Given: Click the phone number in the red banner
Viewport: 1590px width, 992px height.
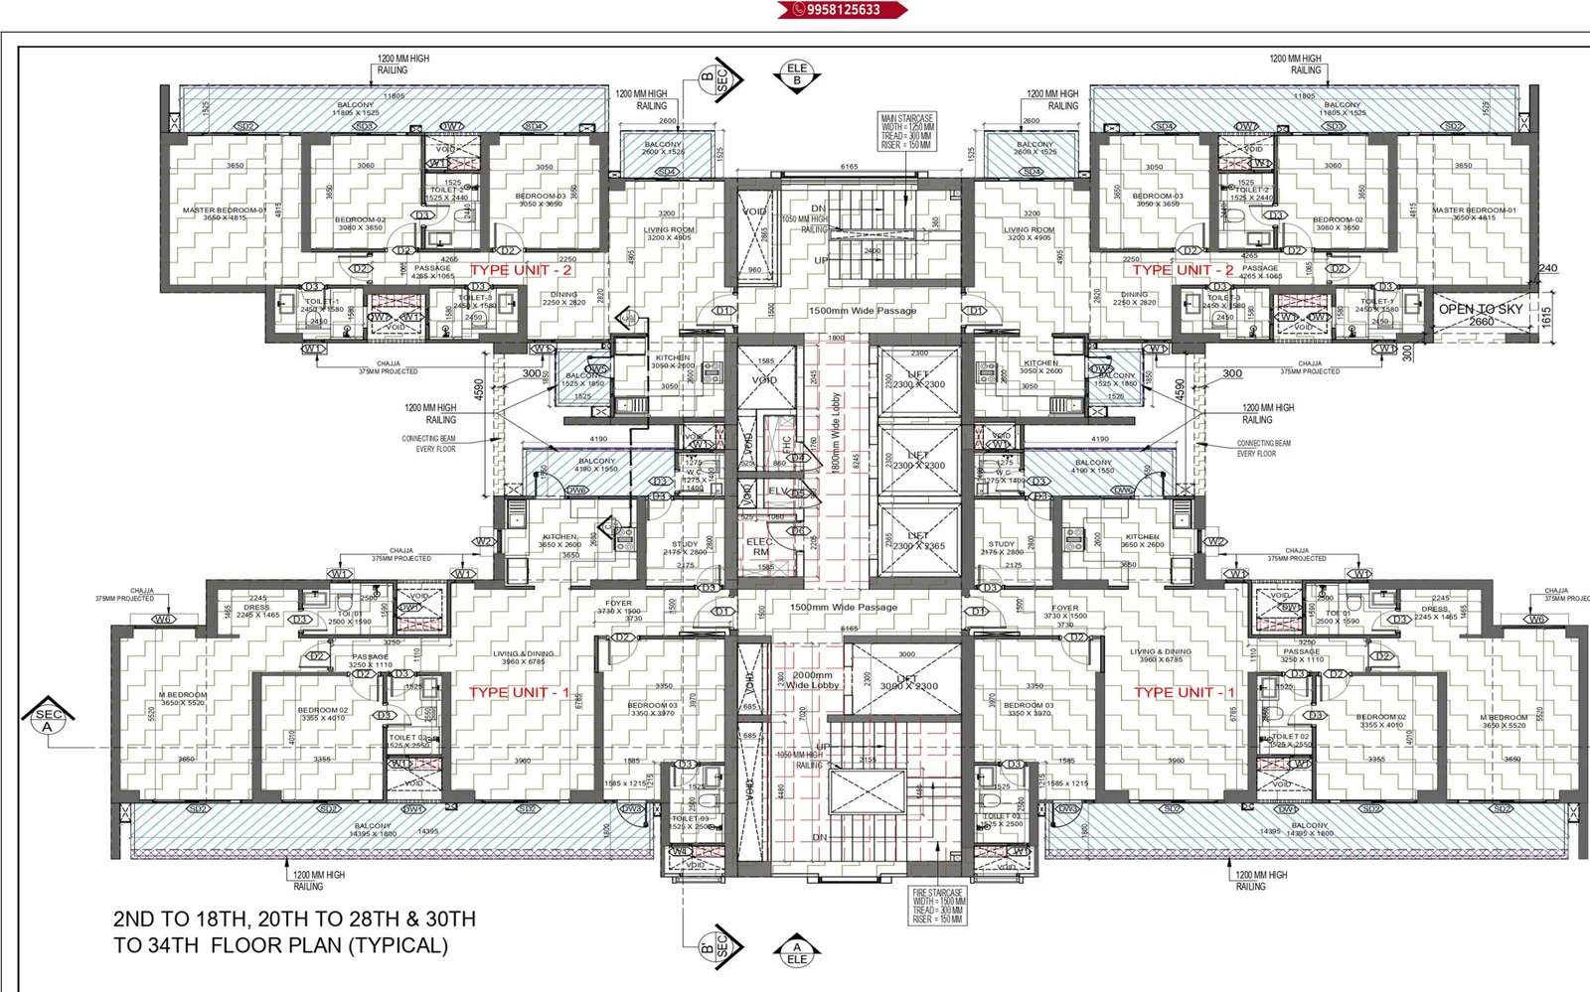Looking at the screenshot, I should (x=843, y=10).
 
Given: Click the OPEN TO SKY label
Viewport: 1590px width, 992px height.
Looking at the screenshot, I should (x=1481, y=310).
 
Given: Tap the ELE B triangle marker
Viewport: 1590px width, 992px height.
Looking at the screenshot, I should (x=796, y=75).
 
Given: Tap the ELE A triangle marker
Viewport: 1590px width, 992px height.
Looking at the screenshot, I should (x=797, y=952).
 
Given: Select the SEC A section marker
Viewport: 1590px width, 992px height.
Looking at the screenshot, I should (x=48, y=719).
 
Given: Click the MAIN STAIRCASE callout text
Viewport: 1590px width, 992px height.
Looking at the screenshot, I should (x=906, y=131).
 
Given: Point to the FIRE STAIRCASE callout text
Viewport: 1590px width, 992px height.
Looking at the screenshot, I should (x=937, y=906).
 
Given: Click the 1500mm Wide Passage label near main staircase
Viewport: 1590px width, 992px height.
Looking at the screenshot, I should (x=862, y=311).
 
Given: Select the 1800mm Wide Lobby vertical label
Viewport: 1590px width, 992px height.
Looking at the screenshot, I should (x=836, y=432).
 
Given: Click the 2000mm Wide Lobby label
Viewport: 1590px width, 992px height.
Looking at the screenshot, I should (x=813, y=680).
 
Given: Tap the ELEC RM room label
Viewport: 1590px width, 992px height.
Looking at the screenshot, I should (x=760, y=547).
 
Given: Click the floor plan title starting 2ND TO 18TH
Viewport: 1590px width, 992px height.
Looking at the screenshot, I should (x=294, y=931).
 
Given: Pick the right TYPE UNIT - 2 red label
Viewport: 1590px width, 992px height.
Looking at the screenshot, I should (x=1183, y=270).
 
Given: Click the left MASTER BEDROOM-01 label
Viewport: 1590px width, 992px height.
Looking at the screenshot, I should (x=225, y=213).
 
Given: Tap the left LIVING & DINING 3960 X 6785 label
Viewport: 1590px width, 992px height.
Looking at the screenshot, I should (x=524, y=656).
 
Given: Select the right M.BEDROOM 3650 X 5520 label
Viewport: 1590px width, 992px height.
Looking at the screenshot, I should (x=1504, y=721).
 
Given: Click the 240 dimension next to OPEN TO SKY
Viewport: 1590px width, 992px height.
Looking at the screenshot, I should (x=1547, y=268).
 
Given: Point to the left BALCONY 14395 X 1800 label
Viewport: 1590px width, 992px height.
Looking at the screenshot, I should (x=374, y=829).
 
